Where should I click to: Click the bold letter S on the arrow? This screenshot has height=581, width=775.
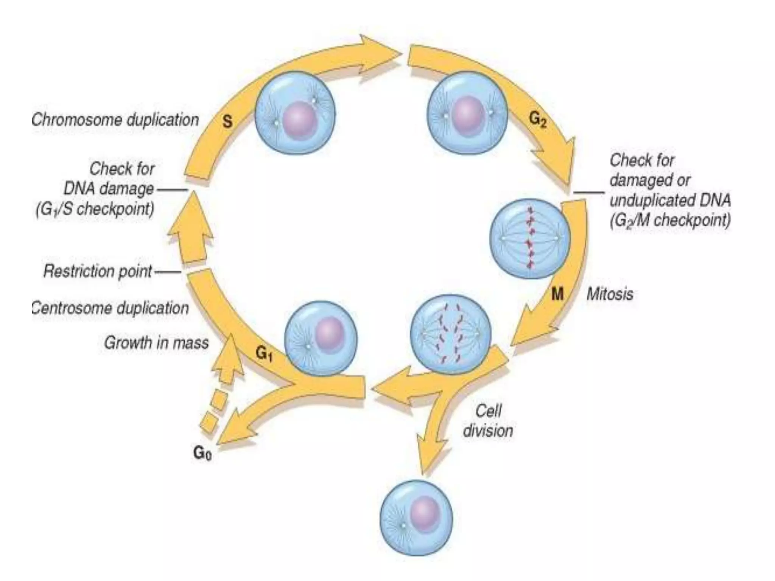[x=227, y=122]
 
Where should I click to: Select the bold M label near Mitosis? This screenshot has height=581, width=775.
[x=557, y=294]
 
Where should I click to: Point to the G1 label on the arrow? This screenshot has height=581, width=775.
[x=264, y=354]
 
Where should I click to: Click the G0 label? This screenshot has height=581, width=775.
[x=202, y=453]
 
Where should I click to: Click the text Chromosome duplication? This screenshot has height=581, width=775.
[x=115, y=120]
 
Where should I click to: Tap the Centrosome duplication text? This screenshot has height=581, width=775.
[x=110, y=308]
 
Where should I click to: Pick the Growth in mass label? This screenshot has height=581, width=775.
[x=156, y=343]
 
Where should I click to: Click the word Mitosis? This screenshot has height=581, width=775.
[x=610, y=294]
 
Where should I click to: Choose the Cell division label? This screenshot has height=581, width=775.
[x=488, y=421]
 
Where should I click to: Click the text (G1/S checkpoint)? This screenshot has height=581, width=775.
[x=95, y=209]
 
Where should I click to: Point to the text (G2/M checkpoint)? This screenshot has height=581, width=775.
[x=670, y=221]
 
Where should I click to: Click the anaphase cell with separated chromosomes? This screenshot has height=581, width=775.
[x=450, y=334]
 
